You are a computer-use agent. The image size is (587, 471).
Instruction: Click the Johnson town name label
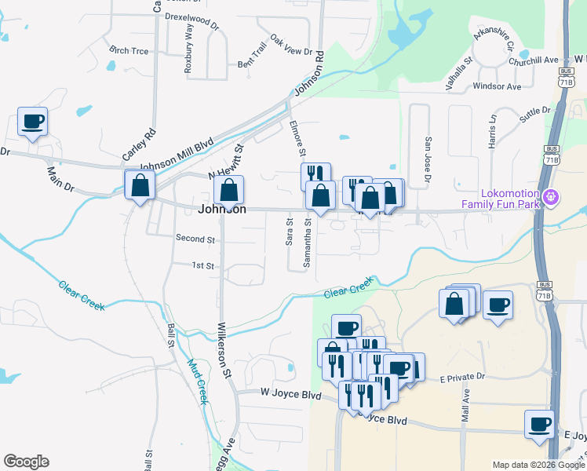click(222, 210)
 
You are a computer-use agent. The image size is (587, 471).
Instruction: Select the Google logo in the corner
click(26, 462)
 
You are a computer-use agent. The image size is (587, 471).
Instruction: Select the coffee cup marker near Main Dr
click(33, 122)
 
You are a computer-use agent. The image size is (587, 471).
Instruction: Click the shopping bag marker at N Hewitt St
click(228, 190)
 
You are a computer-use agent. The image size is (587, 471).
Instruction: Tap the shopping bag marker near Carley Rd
click(140, 186)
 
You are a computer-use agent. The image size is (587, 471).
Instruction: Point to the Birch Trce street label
click(129, 50)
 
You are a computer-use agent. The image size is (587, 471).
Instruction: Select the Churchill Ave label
click(533, 60)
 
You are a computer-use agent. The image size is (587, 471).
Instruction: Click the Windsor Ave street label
click(498, 86)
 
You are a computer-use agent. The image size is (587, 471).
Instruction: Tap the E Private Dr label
click(463, 378)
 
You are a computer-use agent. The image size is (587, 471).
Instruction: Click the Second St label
click(195, 238)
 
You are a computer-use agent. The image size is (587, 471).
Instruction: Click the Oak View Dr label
click(291, 45)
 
